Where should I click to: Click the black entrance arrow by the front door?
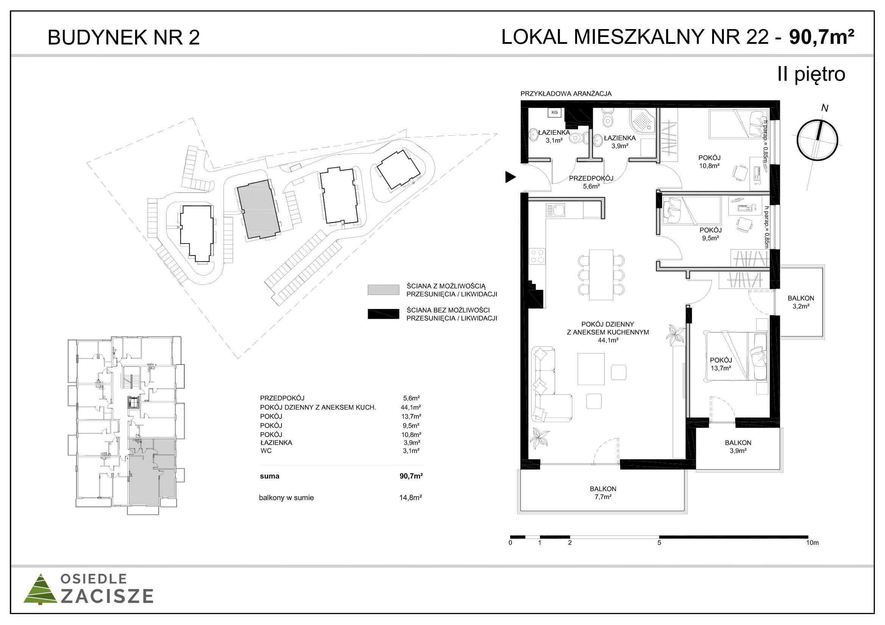[510, 177]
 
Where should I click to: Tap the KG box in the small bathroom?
[554, 112]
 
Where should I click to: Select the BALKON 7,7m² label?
[603, 493]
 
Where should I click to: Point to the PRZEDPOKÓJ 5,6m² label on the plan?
[591, 182]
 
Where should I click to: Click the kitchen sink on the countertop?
[555, 210]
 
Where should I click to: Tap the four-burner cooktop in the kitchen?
[537, 256]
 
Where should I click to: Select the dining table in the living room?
[601, 275]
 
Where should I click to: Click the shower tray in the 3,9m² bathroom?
[642, 121]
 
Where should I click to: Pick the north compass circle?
[817, 140]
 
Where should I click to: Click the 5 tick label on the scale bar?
[659, 543]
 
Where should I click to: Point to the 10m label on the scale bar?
[812, 543]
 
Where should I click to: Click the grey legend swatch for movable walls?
[384, 290]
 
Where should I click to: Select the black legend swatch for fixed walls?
[384, 314]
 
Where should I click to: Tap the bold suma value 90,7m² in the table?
[411, 476]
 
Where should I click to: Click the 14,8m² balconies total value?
[411, 498]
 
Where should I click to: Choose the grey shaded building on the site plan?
[258, 209]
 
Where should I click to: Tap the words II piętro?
[811, 74]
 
